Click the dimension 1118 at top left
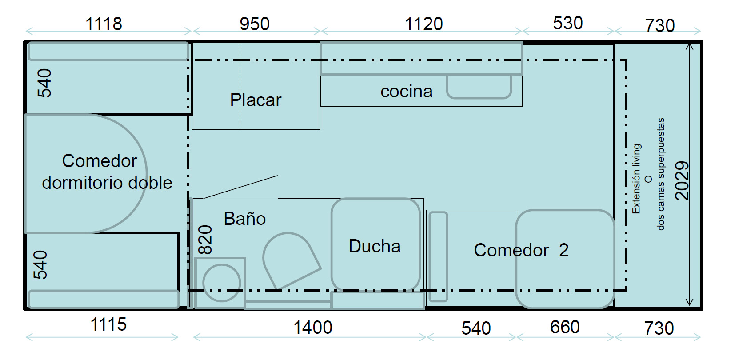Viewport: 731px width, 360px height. [104, 24]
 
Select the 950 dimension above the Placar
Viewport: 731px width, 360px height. [255, 24]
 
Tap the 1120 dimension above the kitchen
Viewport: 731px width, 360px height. [423, 24]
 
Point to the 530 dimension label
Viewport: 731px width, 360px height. [568, 23]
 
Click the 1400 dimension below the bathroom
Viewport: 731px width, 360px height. [313, 328]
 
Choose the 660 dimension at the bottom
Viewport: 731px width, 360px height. [565, 327]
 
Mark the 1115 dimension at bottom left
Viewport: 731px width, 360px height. [108, 325]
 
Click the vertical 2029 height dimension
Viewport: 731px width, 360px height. [682, 180]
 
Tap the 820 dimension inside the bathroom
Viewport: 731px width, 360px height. [205, 240]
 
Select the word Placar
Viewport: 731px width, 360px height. [256, 100]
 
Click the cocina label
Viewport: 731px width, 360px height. [407, 92]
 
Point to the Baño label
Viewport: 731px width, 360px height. [245, 218]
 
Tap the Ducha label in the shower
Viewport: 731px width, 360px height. [375, 246]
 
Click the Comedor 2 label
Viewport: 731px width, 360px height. [521, 250]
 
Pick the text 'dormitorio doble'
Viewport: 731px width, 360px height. [107, 183]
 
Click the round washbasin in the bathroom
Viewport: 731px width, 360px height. [222, 283]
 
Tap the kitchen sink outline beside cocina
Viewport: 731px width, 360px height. [479, 87]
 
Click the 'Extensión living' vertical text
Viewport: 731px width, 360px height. [636, 179]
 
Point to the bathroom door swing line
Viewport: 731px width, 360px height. [240, 187]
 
